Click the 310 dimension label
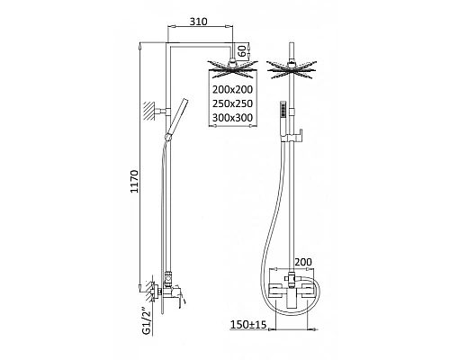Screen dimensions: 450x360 (198, 22)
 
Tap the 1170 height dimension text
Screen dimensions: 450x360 (135, 182)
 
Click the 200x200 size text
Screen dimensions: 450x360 (232, 89)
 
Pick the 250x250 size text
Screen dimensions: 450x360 (232, 103)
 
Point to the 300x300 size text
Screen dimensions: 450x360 (232, 118)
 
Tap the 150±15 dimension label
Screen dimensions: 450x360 (248, 324)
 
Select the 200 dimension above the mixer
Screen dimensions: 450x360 (303, 262)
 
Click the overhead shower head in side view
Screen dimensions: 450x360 (232, 67)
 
